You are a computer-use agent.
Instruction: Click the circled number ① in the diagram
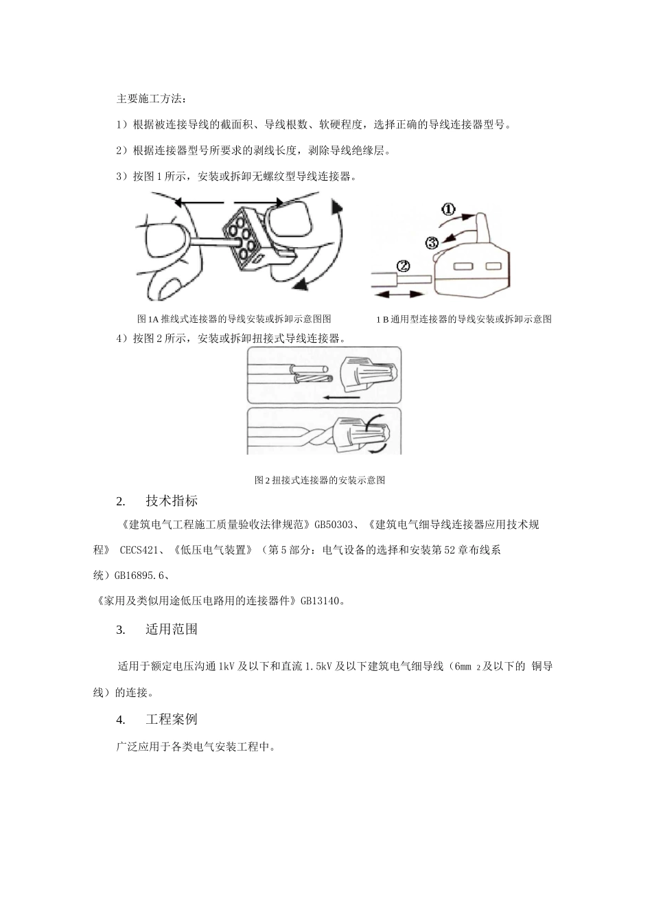447,209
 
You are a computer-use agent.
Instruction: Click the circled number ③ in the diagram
432,242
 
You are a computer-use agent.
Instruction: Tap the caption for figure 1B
464,319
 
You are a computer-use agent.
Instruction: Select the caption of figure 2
320,480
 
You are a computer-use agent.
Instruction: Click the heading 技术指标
172,501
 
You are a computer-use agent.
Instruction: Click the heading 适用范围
172,629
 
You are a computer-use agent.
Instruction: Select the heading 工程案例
172,720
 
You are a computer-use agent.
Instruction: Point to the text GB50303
334,525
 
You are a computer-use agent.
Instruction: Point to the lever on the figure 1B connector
482,229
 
